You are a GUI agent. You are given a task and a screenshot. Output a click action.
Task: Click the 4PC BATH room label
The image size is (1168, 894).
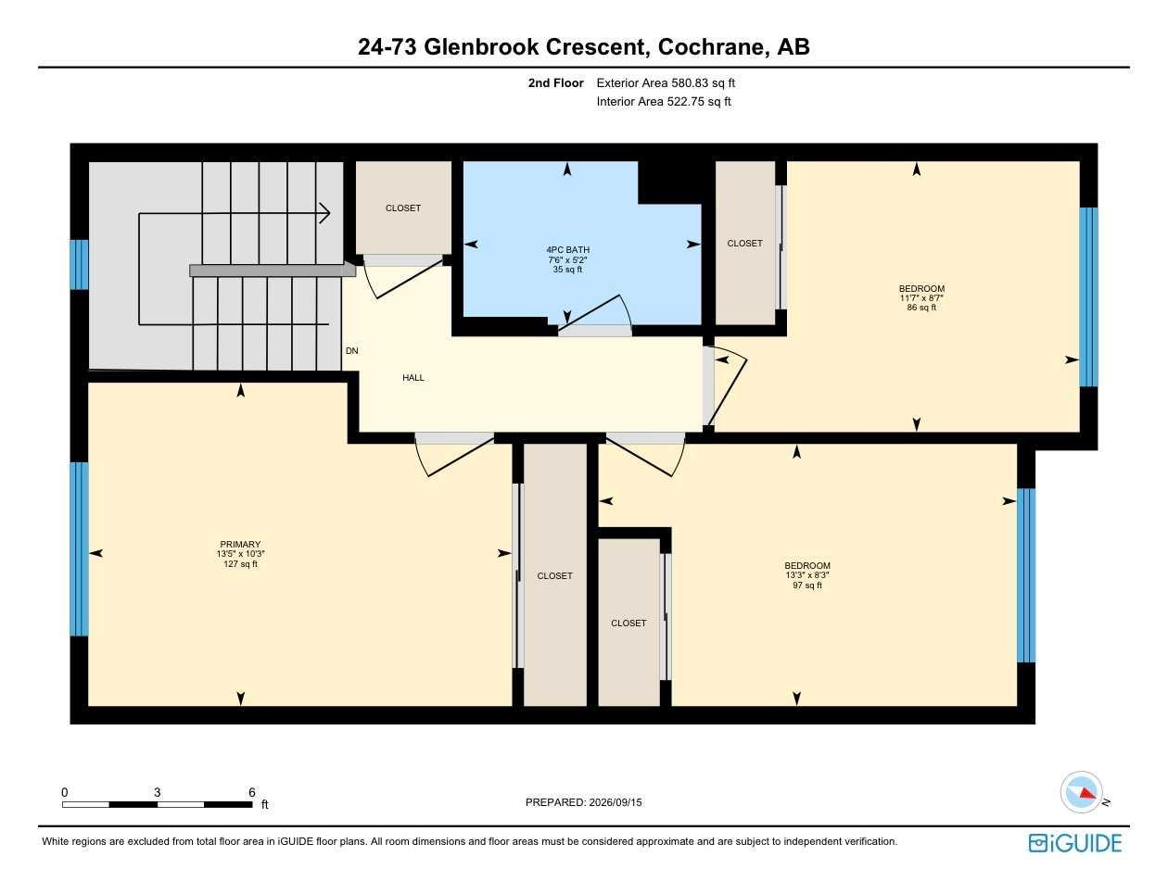pos(567,250)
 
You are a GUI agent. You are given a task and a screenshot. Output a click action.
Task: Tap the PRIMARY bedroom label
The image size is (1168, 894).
pos(240,544)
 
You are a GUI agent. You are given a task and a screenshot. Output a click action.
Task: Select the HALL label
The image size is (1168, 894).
pos(413,377)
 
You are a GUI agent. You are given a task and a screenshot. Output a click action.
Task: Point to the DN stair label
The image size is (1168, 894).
pos(352,350)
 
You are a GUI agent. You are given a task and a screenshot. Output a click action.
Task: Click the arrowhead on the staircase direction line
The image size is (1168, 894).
pos(324,213)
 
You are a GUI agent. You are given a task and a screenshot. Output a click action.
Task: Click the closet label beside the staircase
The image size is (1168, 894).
pos(403,208)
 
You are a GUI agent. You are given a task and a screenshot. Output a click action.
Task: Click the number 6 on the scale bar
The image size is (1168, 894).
pos(252,792)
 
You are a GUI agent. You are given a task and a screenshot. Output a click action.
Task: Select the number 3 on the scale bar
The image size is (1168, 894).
pos(157,792)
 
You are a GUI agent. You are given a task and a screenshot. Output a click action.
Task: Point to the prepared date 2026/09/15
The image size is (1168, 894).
pos(616,802)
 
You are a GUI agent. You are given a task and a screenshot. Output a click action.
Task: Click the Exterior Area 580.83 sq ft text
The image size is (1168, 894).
pos(666,82)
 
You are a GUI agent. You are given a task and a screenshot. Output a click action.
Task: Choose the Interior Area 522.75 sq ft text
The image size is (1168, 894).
pos(664,102)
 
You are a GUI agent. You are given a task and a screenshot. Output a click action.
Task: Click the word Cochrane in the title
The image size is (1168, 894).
pos(711,46)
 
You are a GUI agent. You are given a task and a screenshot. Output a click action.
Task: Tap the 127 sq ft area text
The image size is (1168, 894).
pos(240,564)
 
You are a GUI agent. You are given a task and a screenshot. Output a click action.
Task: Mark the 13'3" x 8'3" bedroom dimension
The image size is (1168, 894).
pos(807,575)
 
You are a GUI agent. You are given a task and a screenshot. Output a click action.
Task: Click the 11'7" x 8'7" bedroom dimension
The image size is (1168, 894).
pos(921,298)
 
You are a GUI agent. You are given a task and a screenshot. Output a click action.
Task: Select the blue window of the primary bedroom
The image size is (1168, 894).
pos(79,548)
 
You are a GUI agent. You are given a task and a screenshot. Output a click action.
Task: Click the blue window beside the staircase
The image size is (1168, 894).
pos(79,264)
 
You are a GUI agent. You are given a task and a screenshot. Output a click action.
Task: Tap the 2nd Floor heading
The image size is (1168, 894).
pos(556,82)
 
